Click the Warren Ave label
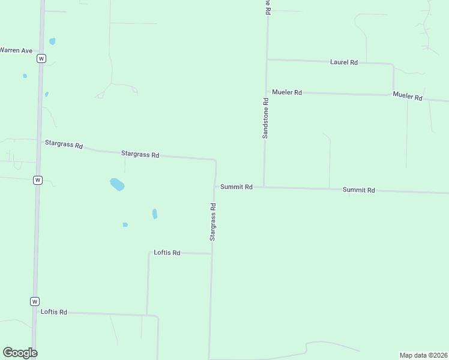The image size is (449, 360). (16, 50)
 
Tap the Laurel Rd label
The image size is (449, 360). (344, 62)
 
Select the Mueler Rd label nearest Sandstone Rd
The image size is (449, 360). (286, 92)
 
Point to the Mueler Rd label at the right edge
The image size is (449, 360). (408, 96)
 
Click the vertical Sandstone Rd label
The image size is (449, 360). (265, 118)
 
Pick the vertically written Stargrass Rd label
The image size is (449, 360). (212, 221)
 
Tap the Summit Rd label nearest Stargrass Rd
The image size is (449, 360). (236, 187)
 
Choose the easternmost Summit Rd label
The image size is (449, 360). (358, 190)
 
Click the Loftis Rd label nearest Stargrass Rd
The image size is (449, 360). (167, 253)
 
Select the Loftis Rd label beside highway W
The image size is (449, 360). (54, 312)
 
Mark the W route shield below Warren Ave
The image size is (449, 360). (41, 58)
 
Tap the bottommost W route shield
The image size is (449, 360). (35, 301)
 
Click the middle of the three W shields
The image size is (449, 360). (37, 180)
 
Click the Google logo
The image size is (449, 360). (20, 353)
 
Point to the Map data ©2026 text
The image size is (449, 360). (423, 355)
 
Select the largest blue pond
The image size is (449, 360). (117, 184)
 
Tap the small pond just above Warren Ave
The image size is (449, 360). (52, 41)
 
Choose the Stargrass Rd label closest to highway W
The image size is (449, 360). (64, 144)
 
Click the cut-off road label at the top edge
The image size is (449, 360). (268, 5)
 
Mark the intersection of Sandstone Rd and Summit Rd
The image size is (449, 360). (264, 187)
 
